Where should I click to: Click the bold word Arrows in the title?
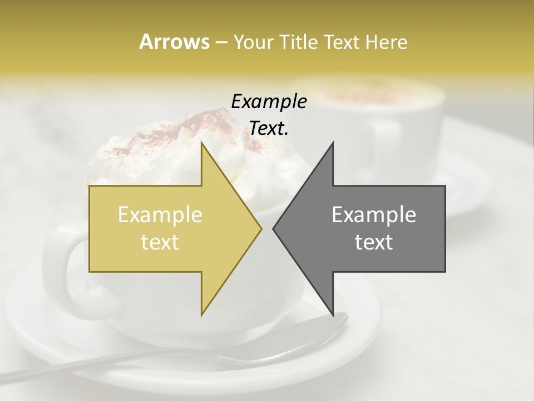174,42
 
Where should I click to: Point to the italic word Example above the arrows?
269,102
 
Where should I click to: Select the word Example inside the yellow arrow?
160,215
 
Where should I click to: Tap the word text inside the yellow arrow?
160,242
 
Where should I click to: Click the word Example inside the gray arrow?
374,215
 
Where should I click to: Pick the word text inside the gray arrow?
374,242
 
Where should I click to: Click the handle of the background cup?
384,145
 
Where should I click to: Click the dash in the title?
220,42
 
